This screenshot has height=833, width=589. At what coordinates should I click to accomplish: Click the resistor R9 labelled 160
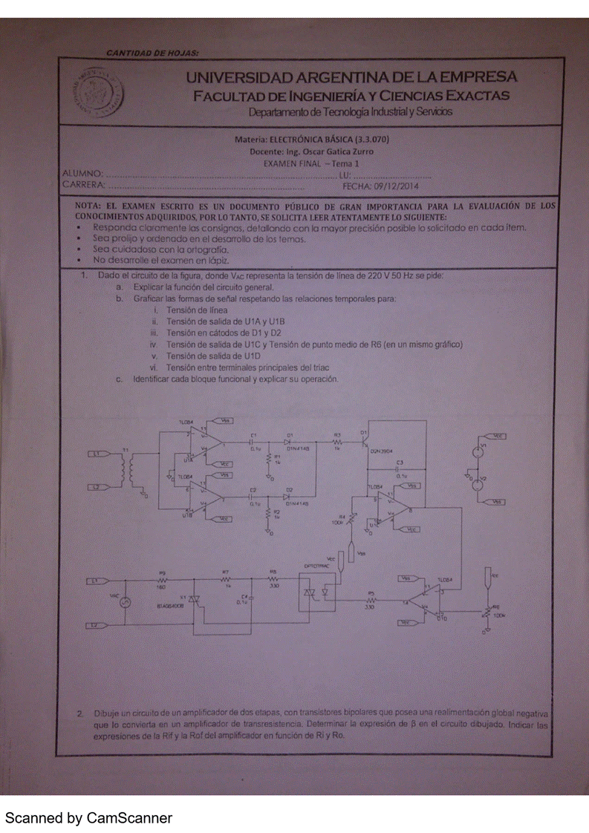click(161, 579)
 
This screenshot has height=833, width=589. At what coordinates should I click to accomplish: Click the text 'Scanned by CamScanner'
click(89, 818)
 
